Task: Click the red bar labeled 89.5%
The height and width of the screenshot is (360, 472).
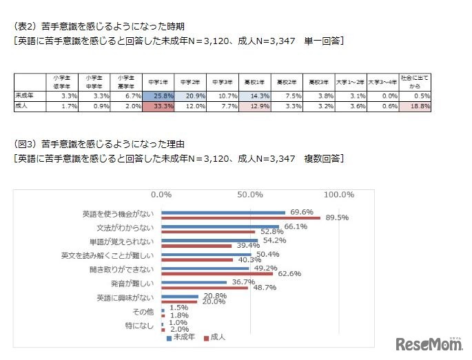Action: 241,218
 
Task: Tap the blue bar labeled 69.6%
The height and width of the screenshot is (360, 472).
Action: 223,213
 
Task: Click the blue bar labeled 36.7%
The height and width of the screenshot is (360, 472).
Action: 194,282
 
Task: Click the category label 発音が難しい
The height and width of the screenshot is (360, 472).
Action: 136,284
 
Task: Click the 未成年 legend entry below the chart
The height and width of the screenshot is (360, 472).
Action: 183,337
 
